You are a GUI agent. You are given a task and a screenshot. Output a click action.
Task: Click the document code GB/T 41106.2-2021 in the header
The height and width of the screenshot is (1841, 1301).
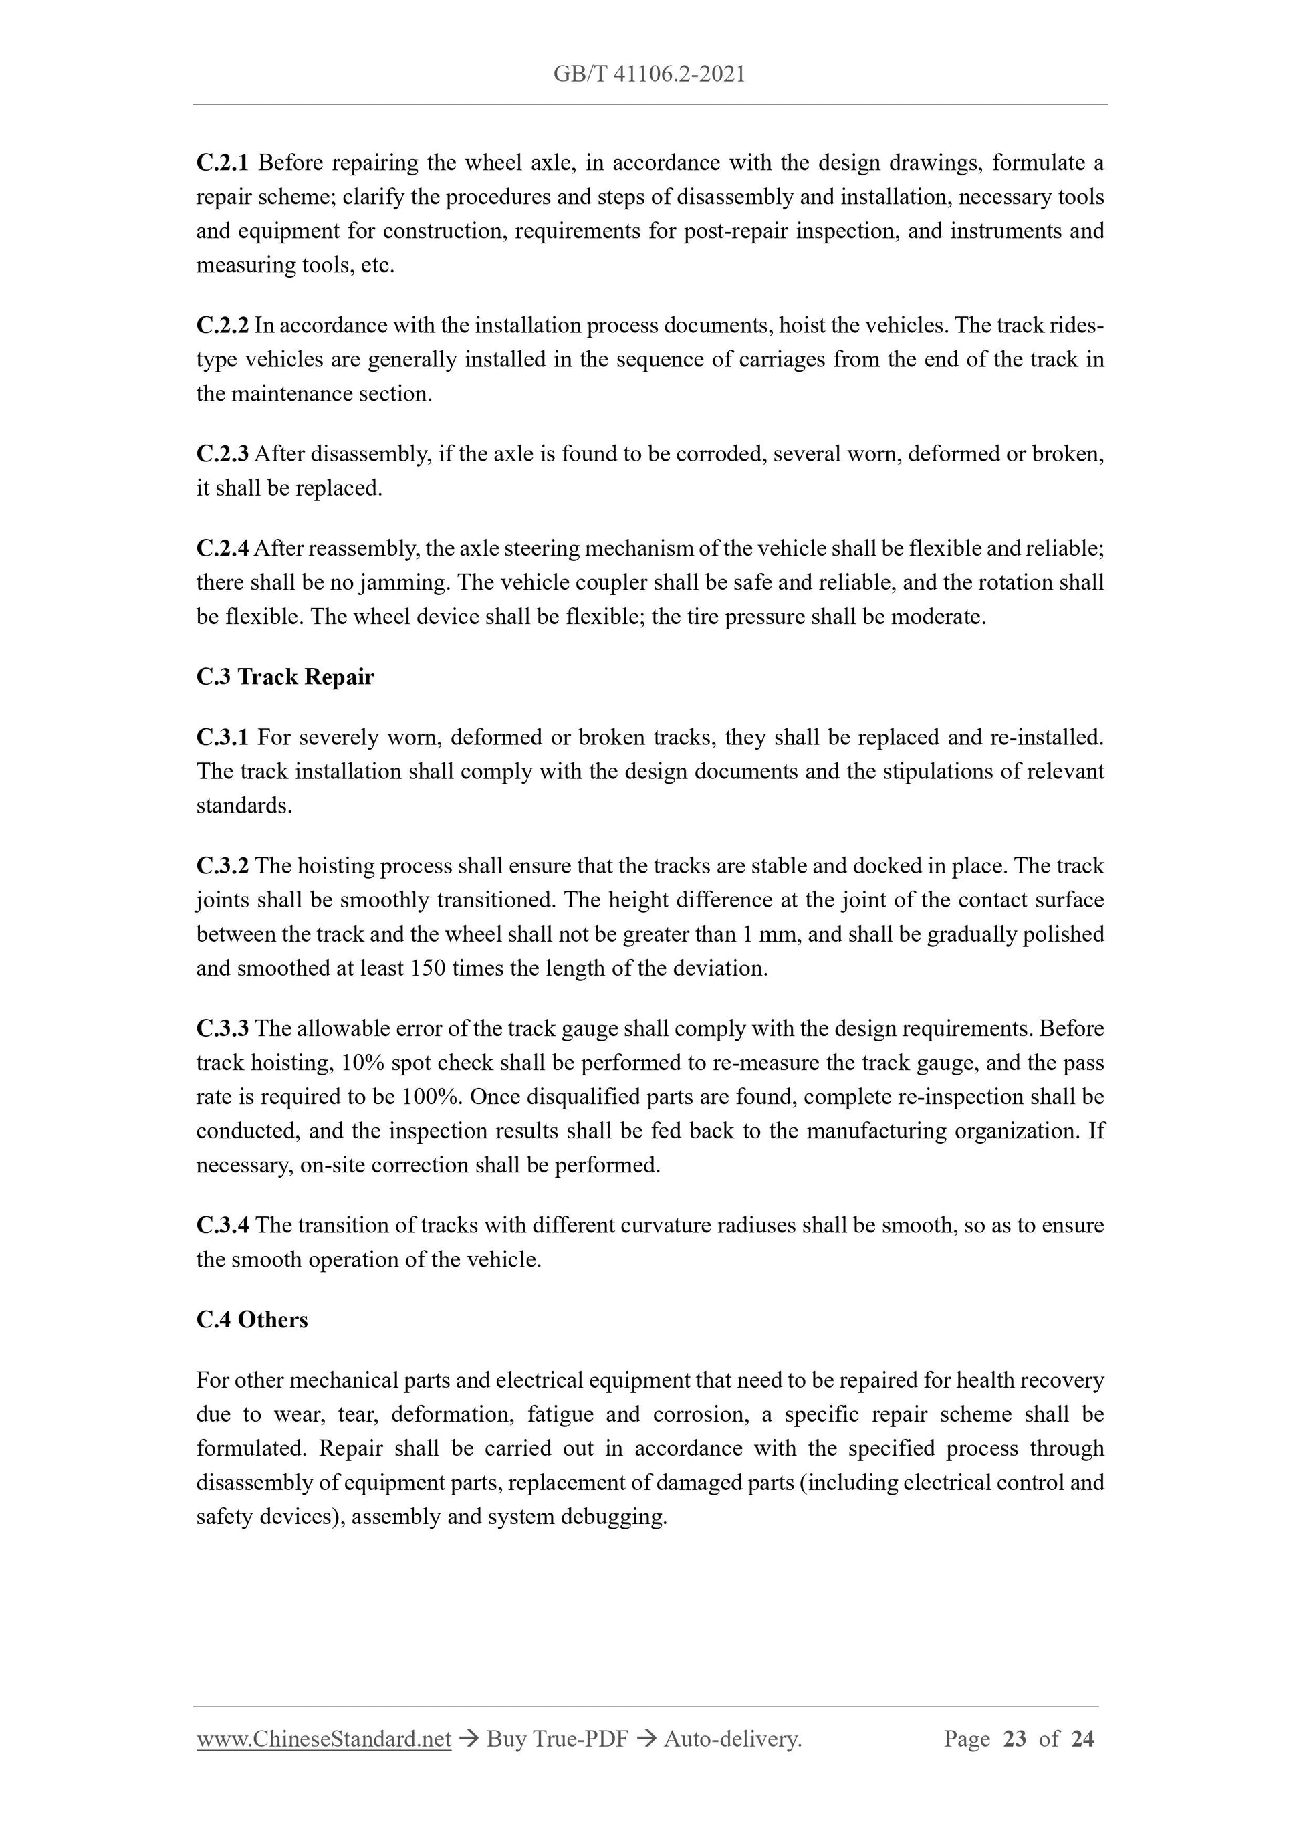pyautogui.click(x=649, y=75)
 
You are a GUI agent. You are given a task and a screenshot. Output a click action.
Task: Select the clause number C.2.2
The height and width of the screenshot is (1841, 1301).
pyautogui.click(x=222, y=326)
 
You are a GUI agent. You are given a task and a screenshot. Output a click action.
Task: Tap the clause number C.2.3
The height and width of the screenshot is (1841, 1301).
pyautogui.click(x=222, y=455)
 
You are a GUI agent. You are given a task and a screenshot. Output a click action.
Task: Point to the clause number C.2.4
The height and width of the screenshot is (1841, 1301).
pyautogui.click(x=222, y=549)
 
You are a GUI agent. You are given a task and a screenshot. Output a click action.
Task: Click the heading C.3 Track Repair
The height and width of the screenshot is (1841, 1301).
pyautogui.click(x=285, y=677)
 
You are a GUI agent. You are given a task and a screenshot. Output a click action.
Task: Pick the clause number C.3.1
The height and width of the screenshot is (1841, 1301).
pyautogui.click(x=222, y=738)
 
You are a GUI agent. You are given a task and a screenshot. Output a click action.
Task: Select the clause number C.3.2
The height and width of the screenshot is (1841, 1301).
pyautogui.click(x=222, y=867)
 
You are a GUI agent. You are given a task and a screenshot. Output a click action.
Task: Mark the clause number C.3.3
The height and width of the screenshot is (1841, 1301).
pyautogui.click(x=222, y=1028)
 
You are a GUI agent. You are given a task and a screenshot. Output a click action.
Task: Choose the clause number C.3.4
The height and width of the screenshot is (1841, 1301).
pyautogui.click(x=222, y=1225)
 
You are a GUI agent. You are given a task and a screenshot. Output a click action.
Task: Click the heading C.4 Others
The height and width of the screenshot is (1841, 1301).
pyautogui.click(x=251, y=1321)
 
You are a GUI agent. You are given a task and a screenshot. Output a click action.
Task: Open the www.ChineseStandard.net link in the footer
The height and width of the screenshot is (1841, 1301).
pyautogui.click(x=324, y=1739)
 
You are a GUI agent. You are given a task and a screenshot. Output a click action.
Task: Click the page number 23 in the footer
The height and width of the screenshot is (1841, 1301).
pyautogui.click(x=1014, y=1739)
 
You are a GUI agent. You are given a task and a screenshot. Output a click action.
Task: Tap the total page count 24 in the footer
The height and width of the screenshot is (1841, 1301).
pyautogui.click(x=1082, y=1739)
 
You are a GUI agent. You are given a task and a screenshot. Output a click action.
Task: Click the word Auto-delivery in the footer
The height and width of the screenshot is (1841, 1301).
pyautogui.click(x=732, y=1739)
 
